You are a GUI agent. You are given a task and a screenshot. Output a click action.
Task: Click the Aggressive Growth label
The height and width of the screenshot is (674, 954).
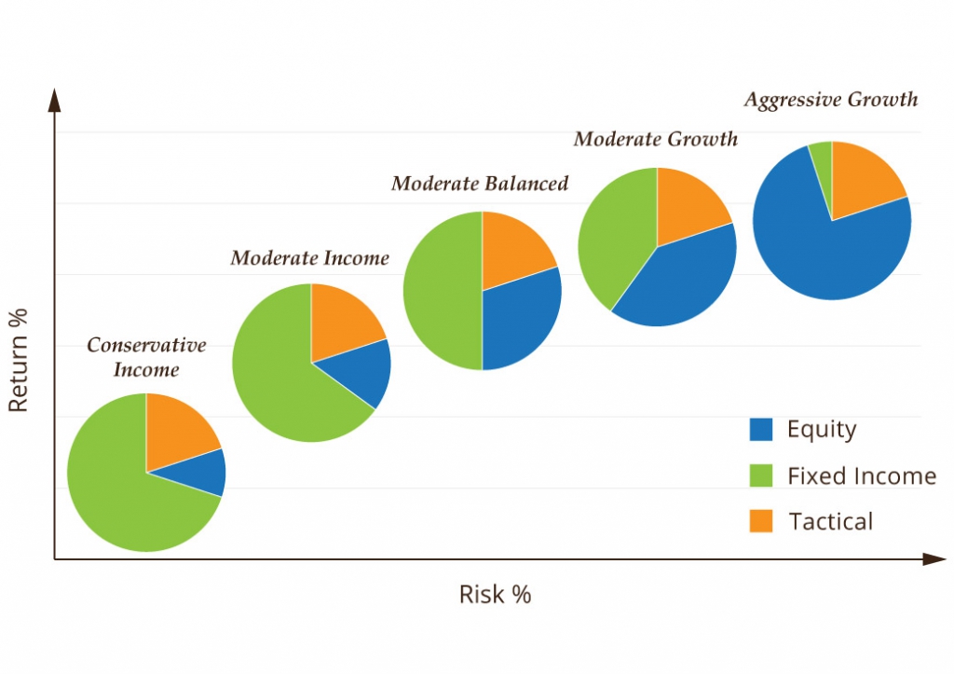(830, 100)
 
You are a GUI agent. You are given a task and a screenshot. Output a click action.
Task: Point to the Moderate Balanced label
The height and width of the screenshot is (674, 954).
(479, 183)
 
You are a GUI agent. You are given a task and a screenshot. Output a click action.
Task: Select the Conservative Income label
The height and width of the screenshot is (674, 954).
(146, 357)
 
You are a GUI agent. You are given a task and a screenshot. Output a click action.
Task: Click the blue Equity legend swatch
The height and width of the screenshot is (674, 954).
(760, 430)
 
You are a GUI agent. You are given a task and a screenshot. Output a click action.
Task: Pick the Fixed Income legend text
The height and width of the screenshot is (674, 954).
(861, 476)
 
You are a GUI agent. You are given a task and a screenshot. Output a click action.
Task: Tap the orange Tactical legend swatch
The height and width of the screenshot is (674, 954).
(760, 521)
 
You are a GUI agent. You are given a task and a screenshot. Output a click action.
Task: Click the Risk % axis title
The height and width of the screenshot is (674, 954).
(495, 594)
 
